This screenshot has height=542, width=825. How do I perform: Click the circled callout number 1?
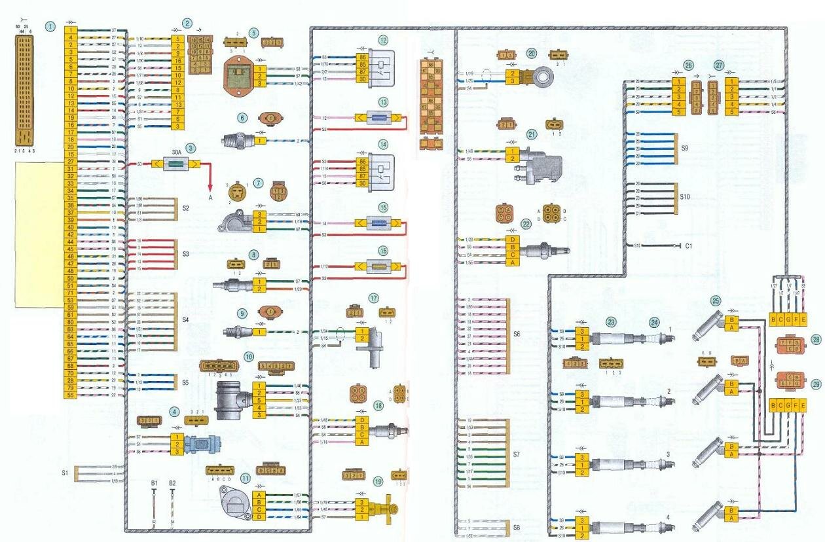pyautogui.click(x=50, y=27)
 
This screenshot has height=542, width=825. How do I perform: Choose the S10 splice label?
pyautogui.click(x=685, y=196)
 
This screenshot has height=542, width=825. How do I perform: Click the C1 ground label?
pyautogui.click(x=689, y=247)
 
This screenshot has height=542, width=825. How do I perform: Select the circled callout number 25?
pyautogui.click(x=716, y=301)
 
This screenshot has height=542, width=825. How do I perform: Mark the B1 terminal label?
pyautogui.click(x=154, y=483)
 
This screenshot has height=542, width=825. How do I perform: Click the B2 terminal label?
pyautogui.click(x=172, y=483)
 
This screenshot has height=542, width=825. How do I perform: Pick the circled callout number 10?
pyautogui.click(x=249, y=357)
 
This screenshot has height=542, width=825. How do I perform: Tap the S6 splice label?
pyautogui.click(x=517, y=334)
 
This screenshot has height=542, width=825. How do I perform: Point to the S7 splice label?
pyautogui.click(x=517, y=453)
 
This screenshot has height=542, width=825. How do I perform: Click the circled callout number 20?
pyautogui.click(x=532, y=53)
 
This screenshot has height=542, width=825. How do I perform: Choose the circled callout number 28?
pyautogui.click(x=815, y=340)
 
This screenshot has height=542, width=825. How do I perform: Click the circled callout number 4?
pyautogui.click(x=174, y=412)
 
